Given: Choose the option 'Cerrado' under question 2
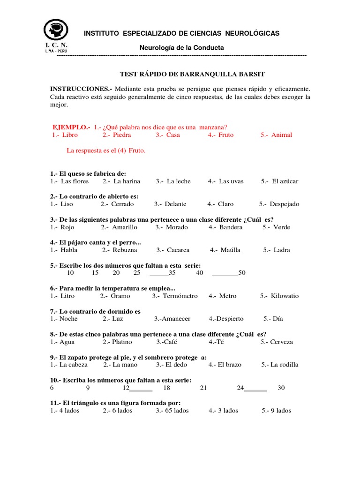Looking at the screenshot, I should point(122,204).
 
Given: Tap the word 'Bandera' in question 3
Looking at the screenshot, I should point(231,227).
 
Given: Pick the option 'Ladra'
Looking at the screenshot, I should point(282,250).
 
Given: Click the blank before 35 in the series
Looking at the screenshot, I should point(159,273).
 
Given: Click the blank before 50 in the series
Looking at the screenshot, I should point(225,273).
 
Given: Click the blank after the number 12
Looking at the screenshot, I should point(141,389).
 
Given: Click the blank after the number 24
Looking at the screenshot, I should point(255,389).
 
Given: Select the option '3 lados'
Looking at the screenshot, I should point(227,411).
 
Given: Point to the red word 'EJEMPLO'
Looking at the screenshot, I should point(70,127).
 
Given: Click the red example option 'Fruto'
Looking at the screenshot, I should point(225,135).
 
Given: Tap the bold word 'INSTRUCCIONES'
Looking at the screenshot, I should point(80,89).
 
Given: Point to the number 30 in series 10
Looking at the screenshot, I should point(281,388).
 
